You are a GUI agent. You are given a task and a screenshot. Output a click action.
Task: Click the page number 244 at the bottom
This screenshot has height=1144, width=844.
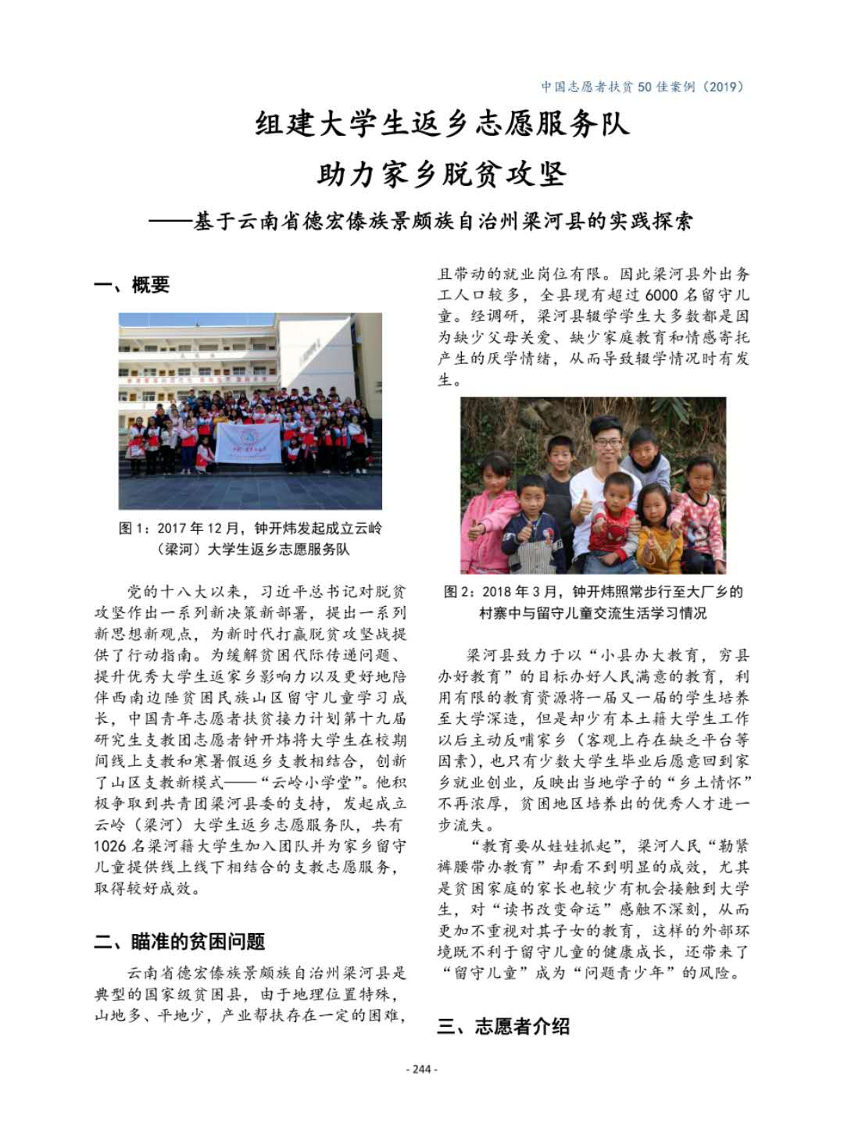[x=422, y=1068]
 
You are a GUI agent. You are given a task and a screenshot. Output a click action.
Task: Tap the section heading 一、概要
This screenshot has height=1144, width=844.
[x=132, y=285]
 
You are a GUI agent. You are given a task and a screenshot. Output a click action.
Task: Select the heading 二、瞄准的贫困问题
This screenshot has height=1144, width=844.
[x=180, y=941]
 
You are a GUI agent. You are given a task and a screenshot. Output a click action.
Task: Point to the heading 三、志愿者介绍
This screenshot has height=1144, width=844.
[x=504, y=1026]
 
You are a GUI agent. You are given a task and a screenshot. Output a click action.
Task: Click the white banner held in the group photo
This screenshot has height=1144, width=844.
[x=249, y=444]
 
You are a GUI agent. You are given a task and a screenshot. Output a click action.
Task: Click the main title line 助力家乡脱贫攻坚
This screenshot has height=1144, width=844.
[x=442, y=173]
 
